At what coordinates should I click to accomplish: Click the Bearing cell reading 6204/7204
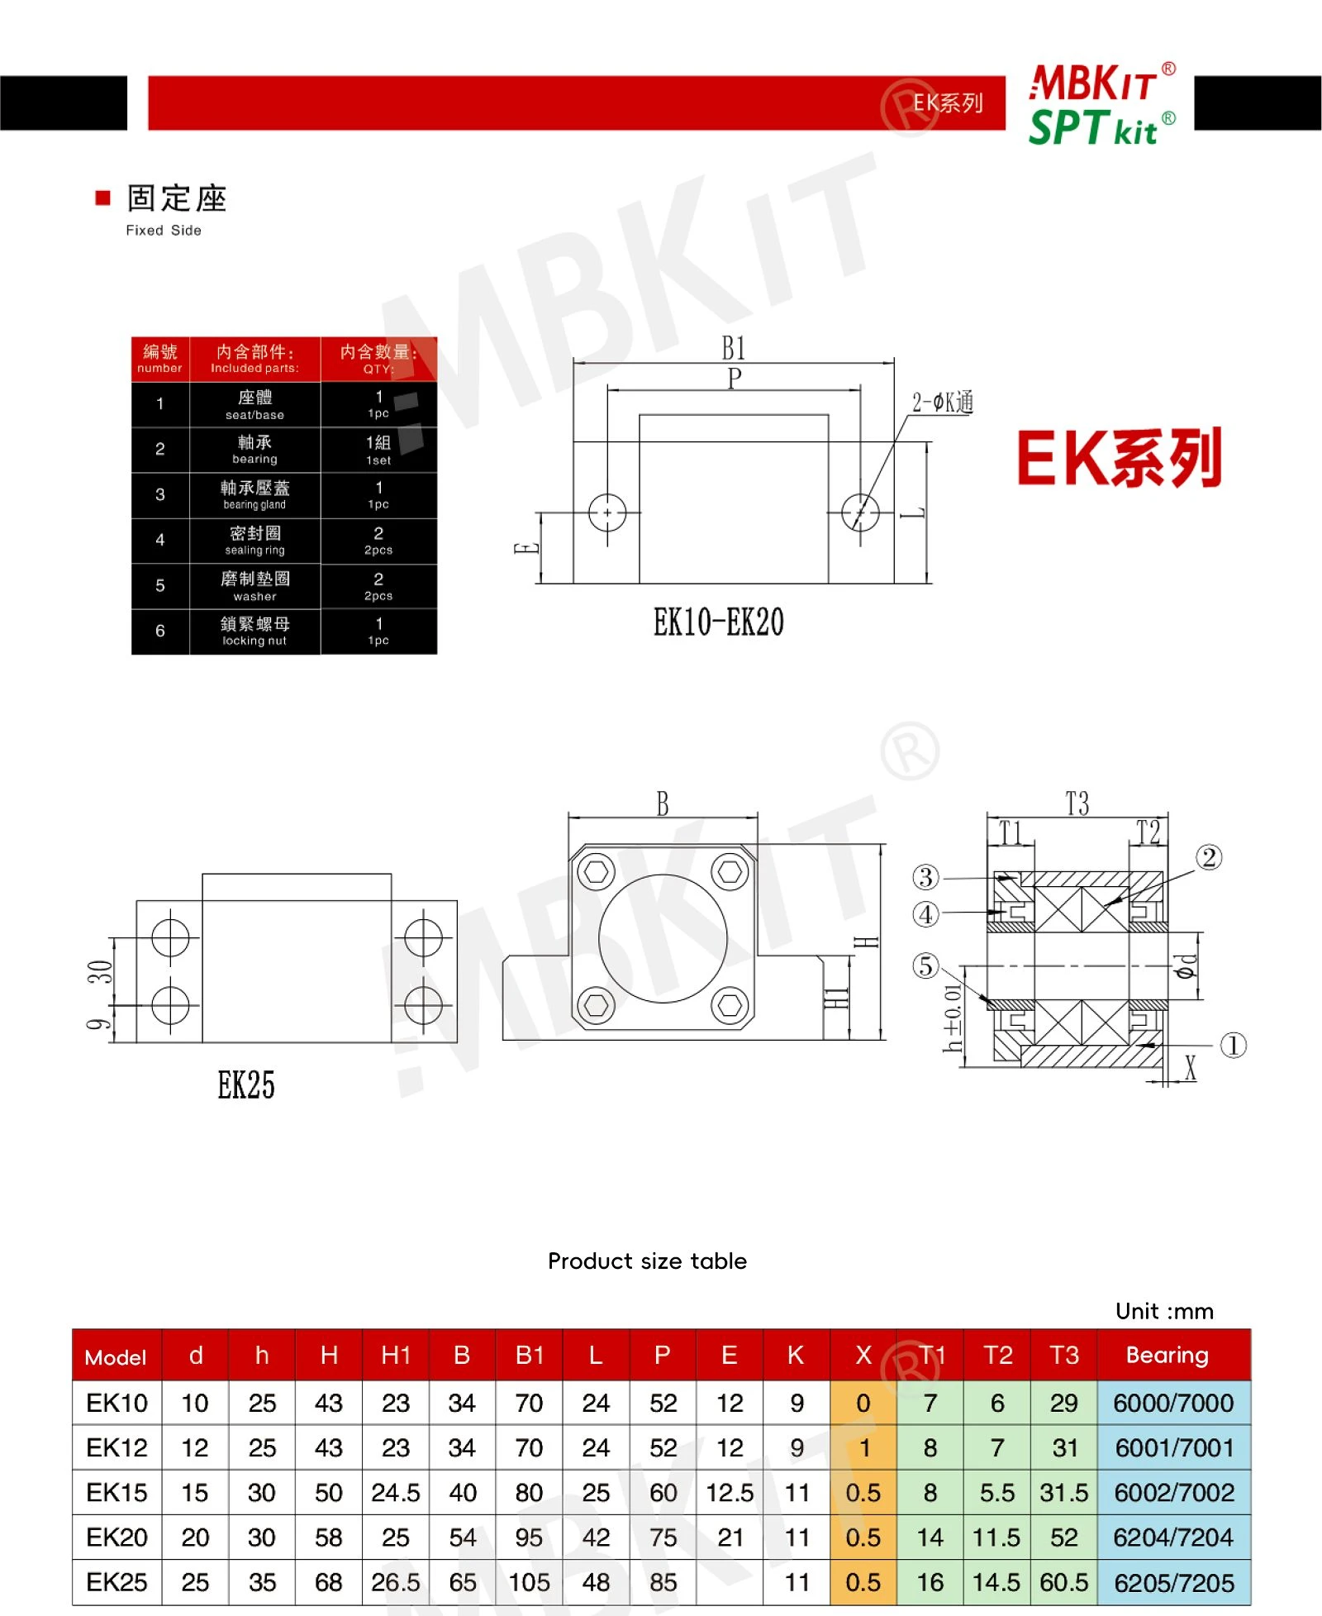1172,1537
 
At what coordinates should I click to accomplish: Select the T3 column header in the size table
1064,1355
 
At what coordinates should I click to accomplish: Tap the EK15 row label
117,1492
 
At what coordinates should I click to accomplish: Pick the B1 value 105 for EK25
529,1582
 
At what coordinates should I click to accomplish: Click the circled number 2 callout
1209,857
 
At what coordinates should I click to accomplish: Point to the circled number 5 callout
925,965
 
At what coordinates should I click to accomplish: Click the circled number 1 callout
1233,1045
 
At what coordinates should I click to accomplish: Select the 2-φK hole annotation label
943,403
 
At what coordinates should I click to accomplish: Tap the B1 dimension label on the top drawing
733,348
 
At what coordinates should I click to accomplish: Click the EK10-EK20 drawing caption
718,622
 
